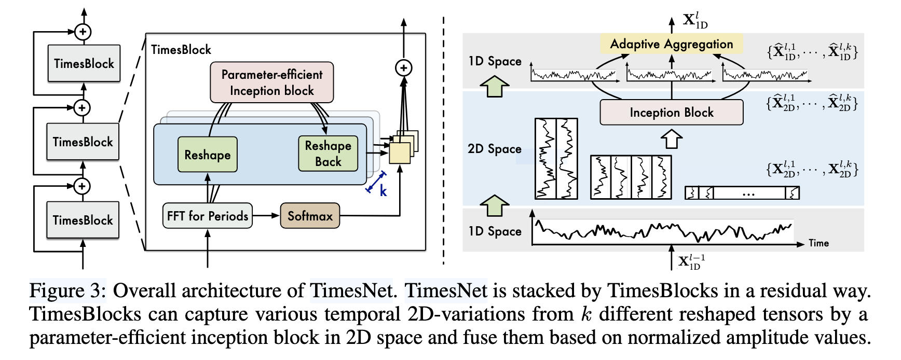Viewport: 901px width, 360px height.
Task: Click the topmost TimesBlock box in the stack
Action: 84,63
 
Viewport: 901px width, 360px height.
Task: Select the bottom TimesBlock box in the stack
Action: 83,219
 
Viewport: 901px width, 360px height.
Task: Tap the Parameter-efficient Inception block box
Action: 272,82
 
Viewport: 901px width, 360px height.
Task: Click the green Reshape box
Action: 207,155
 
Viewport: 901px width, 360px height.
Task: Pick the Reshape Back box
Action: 328,154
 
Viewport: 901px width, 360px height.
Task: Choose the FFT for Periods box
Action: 207,216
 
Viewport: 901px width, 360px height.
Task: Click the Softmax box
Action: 310,216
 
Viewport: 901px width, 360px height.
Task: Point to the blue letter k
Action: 383,191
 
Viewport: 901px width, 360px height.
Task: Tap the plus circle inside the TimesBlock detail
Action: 404,68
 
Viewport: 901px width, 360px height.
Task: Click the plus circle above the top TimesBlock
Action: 83,32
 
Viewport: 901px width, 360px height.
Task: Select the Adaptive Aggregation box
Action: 672,44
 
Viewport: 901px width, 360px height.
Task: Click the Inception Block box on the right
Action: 672,113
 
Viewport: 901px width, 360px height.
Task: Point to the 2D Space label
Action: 494,149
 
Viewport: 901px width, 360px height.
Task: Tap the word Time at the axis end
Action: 818,243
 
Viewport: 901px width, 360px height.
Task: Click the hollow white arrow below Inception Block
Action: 672,139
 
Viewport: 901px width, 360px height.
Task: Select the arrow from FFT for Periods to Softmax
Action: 266,216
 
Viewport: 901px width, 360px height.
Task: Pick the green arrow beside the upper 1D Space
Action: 495,86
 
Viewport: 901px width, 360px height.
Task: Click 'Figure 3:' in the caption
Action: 67,291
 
